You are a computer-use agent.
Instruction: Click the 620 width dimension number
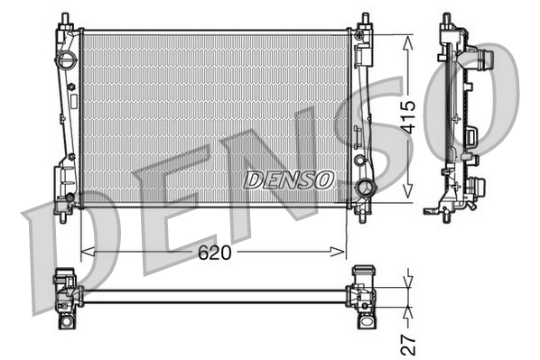tap(215, 254)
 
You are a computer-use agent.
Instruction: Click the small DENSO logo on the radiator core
tap(288, 180)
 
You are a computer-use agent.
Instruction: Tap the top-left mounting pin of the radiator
tap(66, 19)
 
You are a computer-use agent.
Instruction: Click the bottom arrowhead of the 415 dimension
tap(409, 191)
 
